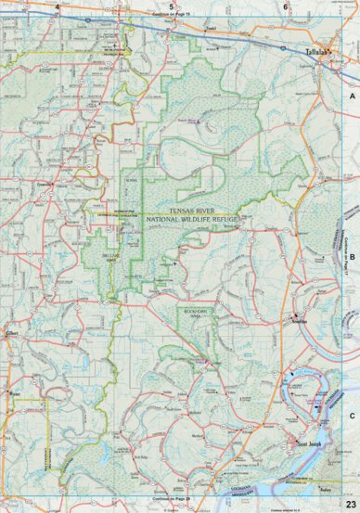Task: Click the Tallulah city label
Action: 319,53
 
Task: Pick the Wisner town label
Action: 13,394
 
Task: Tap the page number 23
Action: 350,503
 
